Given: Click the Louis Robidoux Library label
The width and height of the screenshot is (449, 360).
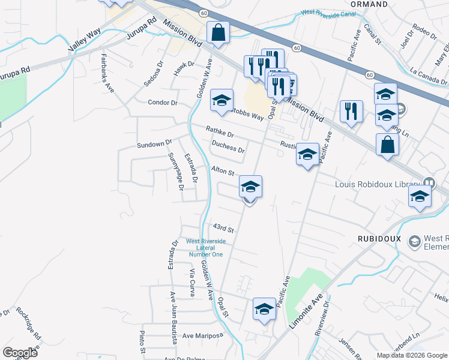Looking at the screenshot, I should [x=378, y=183].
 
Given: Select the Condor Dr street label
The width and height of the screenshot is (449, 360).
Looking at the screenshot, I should [x=163, y=103].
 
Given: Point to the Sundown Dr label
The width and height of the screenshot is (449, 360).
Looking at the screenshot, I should [x=154, y=145].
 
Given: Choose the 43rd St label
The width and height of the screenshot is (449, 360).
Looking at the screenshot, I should [x=223, y=229].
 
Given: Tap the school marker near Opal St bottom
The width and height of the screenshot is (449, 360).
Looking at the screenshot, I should [x=264, y=309].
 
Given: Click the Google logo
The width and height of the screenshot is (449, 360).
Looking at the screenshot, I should [x=20, y=353].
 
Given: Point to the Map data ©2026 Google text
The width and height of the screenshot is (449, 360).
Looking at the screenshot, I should [x=411, y=355].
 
